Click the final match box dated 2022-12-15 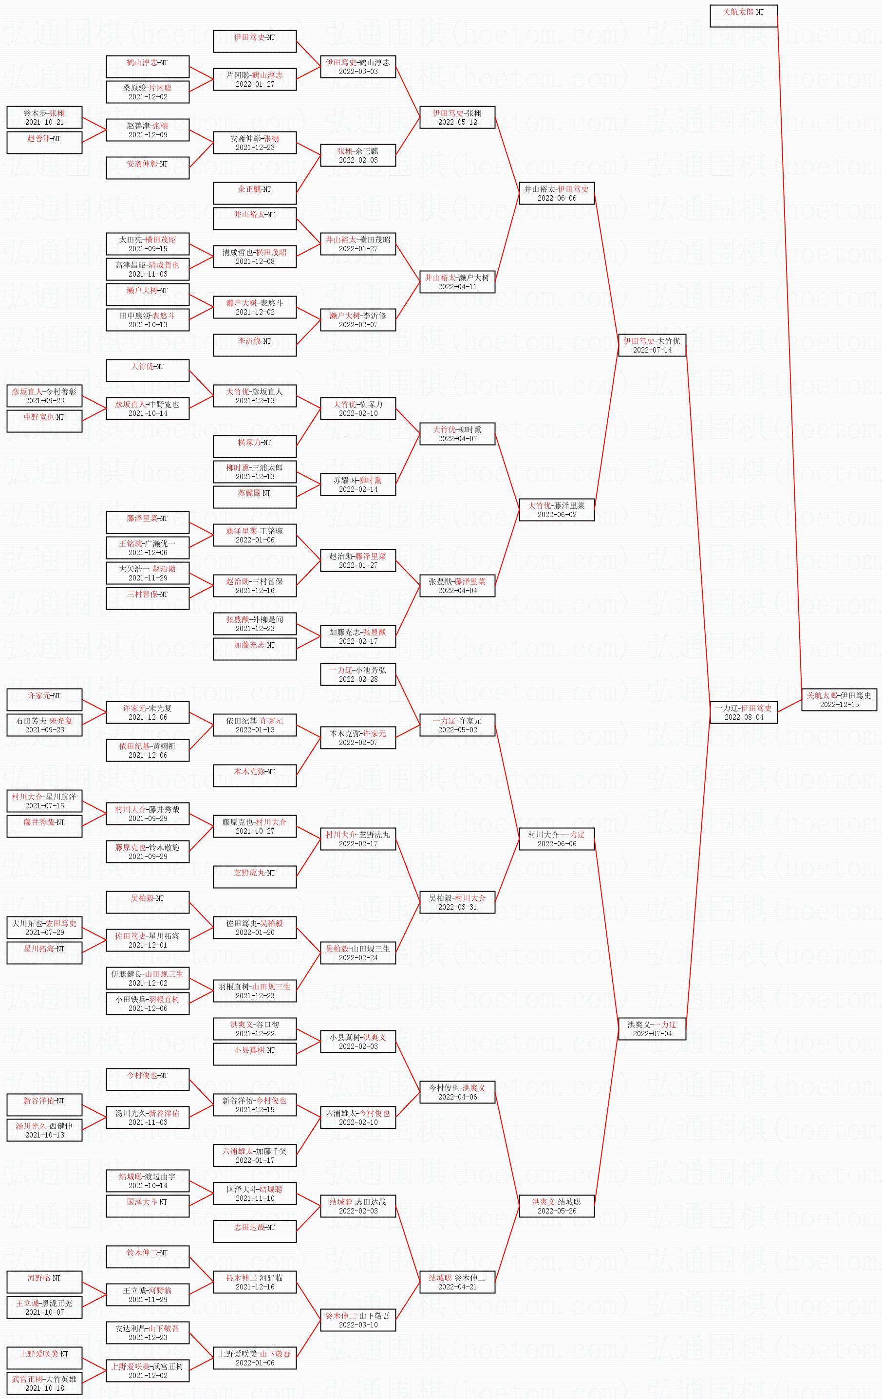coord(839,699)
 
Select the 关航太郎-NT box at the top coord(743,16)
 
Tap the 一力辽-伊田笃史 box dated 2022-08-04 coord(743,712)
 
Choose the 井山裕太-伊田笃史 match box coord(556,193)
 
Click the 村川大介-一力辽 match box coord(556,839)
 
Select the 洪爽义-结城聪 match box coord(556,1206)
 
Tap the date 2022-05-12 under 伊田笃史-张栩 coord(457,123)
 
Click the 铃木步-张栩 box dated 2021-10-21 coord(44,117)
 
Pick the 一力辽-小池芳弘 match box coord(358,674)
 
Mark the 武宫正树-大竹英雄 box coord(44,1383)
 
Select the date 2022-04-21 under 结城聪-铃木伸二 coord(457,1287)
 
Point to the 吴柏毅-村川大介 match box coord(457,902)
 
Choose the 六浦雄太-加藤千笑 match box coord(255,1156)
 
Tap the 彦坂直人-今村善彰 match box coord(44,396)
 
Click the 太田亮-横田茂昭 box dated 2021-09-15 coord(148,244)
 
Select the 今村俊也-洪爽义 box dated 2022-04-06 coord(457,1092)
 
